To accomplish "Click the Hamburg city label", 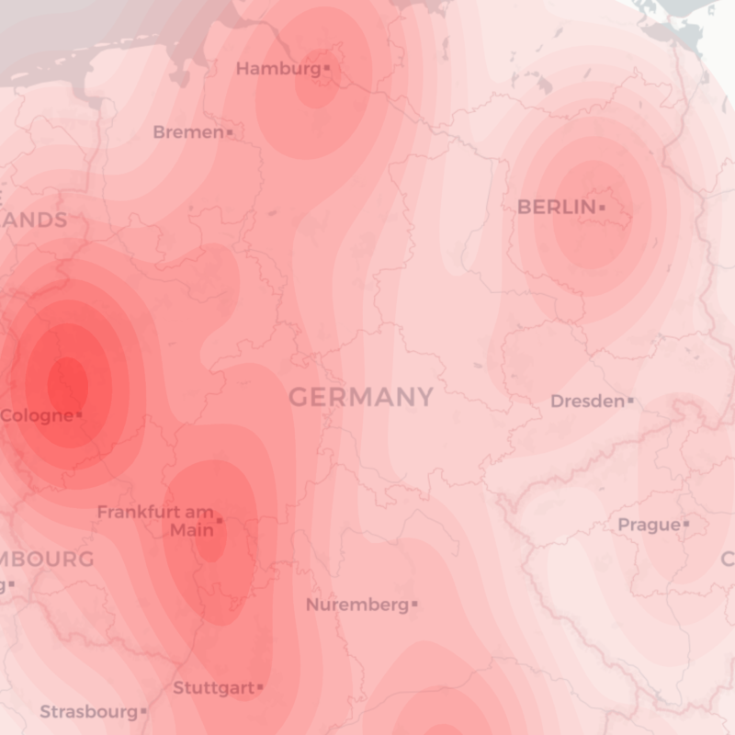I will [x=277, y=69].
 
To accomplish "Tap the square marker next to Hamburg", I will [x=326, y=68].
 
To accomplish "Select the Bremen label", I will [x=187, y=132].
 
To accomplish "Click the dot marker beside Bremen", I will [x=229, y=133].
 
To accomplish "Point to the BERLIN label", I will [x=556, y=208].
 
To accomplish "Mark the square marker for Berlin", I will [x=602, y=208].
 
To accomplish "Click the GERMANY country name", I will [x=361, y=397].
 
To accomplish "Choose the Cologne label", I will [x=36, y=415].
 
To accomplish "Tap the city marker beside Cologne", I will [x=79, y=415].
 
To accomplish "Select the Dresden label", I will [x=586, y=401].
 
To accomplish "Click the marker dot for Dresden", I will [x=630, y=401].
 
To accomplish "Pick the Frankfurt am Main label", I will [x=155, y=521].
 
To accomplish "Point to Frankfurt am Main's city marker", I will [x=219, y=521].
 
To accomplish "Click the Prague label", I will [x=649, y=525].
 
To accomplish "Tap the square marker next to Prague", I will [x=685, y=525].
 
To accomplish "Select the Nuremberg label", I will [x=356, y=605].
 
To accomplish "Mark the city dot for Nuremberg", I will [x=414, y=605].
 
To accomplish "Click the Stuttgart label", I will [x=213, y=687].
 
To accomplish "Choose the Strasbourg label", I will [x=88, y=711].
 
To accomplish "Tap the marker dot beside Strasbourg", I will [x=143, y=711].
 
